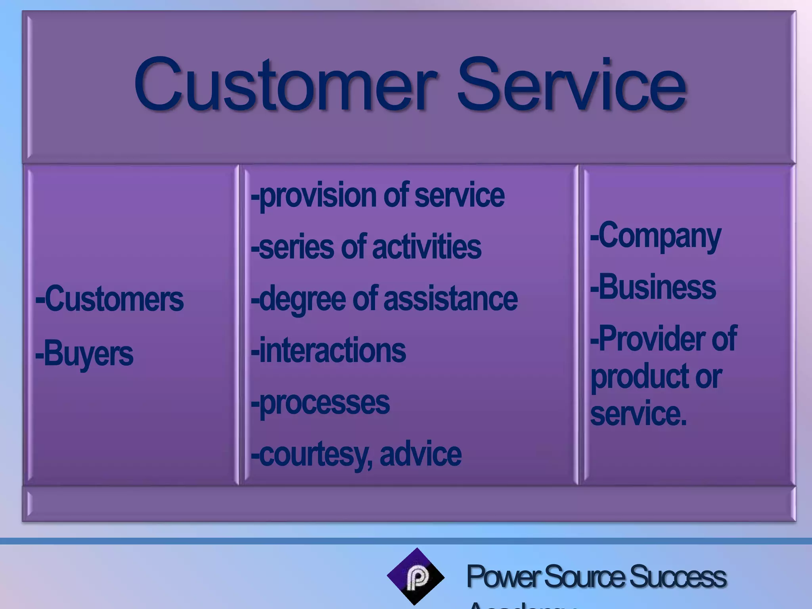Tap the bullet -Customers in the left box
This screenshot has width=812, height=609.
pos(109,299)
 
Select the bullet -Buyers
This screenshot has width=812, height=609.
pos(84,354)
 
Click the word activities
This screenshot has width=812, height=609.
pos(427,247)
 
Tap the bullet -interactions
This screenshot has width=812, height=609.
pos(328,350)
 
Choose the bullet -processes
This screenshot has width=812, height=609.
pos(320,403)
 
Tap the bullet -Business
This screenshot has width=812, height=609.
pos(653,287)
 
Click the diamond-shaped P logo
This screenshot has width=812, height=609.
pos(416,577)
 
